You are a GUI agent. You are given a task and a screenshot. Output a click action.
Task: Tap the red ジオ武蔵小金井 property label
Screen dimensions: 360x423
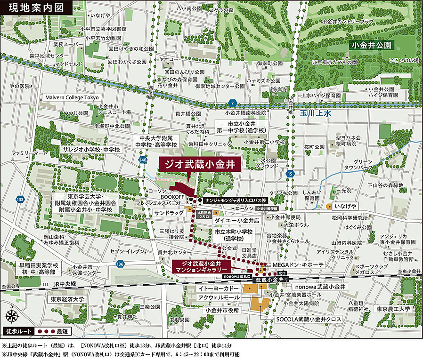pos(200,164)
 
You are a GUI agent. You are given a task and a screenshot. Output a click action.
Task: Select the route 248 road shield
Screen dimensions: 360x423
pos(143,161)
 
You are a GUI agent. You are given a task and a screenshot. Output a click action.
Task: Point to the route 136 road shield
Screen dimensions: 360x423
pos(120,264)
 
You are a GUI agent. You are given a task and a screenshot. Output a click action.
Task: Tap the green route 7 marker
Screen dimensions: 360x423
pos(231,103)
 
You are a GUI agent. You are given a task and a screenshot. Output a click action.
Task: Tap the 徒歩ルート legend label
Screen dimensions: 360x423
pos(17,331)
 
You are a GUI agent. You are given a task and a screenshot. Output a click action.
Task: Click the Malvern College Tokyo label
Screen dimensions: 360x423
pos(72,97)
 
